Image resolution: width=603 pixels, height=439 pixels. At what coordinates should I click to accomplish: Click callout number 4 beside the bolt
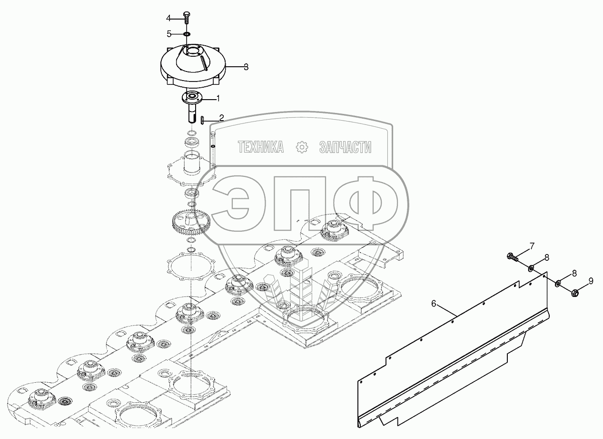click(x=168, y=18)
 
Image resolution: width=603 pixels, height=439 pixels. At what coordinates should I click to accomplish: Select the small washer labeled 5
click(x=187, y=34)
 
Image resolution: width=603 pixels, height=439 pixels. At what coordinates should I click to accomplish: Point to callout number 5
click(x=168, y=34)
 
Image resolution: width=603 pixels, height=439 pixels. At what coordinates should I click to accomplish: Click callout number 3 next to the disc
click(x=246, y=67)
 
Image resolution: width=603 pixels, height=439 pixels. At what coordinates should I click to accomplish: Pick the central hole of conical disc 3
click(x=194, y=50)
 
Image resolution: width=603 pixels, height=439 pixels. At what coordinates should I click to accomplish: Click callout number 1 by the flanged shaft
click(x=218, y=99)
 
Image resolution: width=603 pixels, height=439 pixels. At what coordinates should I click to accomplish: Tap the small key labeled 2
click(x=203, y=120)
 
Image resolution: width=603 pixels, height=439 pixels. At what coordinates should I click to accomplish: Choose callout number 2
click(x=221, y=118)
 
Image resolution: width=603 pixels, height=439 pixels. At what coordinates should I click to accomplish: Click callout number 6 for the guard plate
click(x=434, y=303)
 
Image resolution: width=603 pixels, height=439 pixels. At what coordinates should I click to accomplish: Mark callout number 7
click(x=532, y=246)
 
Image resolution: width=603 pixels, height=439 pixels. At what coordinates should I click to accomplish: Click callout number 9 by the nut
click(x=591, y=281)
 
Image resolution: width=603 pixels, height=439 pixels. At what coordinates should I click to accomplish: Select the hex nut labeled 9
click(x=574, y=292)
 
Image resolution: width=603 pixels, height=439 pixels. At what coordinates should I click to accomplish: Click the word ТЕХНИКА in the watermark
click(x=261, y=148)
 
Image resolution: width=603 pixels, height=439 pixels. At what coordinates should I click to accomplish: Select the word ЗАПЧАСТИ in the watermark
click(x=345, y=148)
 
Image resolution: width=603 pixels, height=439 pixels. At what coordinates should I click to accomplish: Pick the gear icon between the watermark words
click(x=302, y=148)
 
